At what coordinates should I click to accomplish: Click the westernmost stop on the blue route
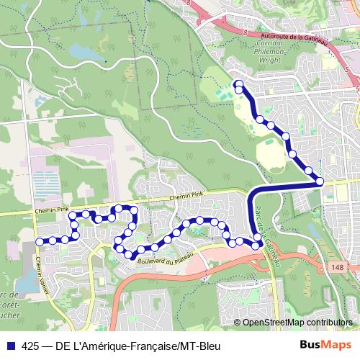click(x=40, y=240)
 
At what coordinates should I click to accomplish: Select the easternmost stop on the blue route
click(x=319, y=181)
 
